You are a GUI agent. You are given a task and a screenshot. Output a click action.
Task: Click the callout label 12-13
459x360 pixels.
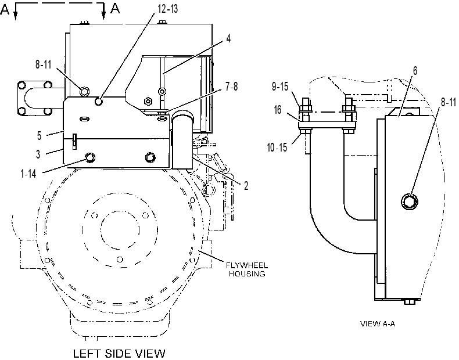tap(168, 9)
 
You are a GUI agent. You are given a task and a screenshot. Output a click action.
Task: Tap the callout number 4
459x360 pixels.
tap(228, 38)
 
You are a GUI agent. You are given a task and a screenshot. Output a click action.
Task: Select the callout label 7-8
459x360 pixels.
tap(232, 87)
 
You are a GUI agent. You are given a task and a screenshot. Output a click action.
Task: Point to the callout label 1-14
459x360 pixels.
tap(28, 174)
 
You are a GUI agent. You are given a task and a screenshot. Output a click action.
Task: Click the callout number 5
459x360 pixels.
tap(40, 135)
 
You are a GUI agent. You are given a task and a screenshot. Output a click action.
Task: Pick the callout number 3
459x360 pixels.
tap(38, 154)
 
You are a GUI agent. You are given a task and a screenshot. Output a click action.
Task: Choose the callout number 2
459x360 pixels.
tap(246, 186)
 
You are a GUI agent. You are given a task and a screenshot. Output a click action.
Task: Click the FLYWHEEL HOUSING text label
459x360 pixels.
tap(247, 269)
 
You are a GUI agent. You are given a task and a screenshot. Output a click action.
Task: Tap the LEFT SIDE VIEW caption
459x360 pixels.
tap(119, 354)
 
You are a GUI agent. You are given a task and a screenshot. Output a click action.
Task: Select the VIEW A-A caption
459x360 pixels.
tap(377, 324)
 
